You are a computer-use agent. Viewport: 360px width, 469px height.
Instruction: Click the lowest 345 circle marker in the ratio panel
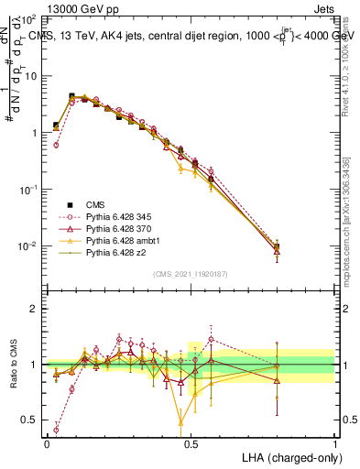56,429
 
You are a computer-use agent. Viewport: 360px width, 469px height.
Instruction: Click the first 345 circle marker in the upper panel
56,145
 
